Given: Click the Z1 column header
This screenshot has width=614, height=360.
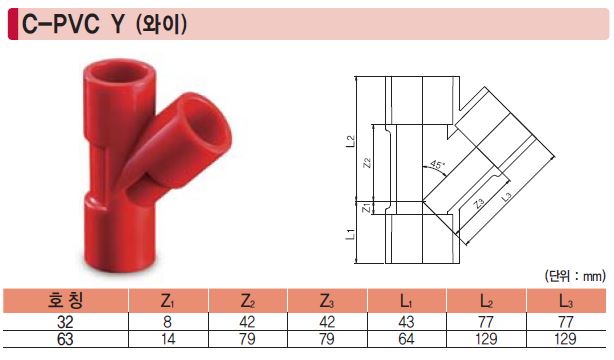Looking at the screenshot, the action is click(x=168, y=301).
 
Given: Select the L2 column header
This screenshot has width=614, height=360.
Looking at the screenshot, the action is click(x=486, y=301).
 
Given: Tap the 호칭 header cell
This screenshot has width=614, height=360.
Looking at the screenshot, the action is click(x=65, y=300).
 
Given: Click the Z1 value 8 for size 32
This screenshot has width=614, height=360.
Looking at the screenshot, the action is click(x=168, y=322).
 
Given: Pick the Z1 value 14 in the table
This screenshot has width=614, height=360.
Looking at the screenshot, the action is click(x=168, y=339).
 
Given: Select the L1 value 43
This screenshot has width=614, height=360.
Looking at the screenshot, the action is click(x=406, y=322).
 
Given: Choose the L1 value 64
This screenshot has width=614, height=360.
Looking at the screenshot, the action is click(x=406, y=339).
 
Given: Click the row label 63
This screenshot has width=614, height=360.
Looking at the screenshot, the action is click(x=65, y=339).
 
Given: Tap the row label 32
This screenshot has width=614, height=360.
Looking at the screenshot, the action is click(x=65, y=322).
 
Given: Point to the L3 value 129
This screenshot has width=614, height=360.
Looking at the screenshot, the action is click(x=565, y=339).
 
